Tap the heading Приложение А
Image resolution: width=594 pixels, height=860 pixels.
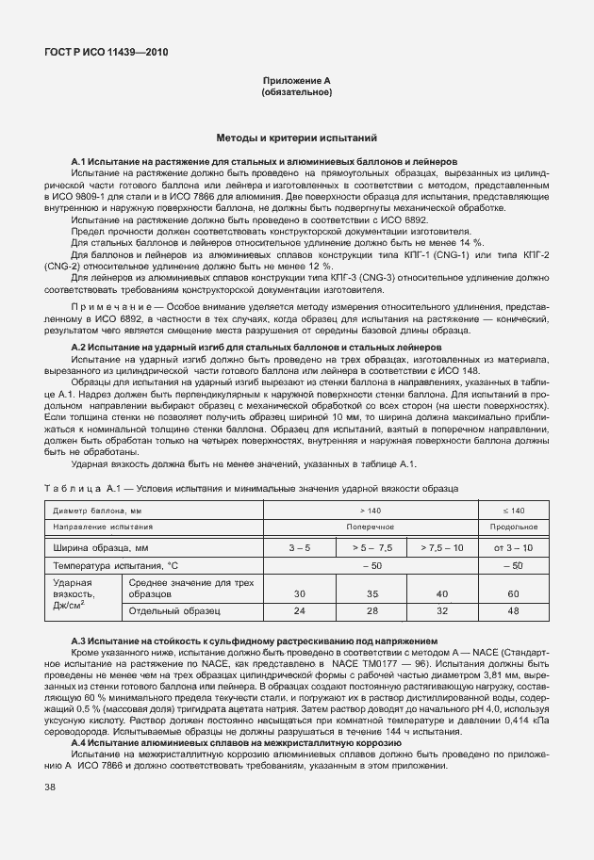tap(296, 82)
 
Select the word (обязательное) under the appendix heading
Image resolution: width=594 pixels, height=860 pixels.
tap(296, 93)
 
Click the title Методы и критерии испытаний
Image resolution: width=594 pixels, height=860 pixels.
tap(297, 138)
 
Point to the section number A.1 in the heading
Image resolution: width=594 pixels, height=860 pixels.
tap(78, 162)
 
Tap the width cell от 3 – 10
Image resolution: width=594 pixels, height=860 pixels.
tap(514, 546)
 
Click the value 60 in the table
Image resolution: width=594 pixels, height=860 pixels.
tap(514, 593)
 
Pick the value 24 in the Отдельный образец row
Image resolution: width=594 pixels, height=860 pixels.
tap(300, 611)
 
